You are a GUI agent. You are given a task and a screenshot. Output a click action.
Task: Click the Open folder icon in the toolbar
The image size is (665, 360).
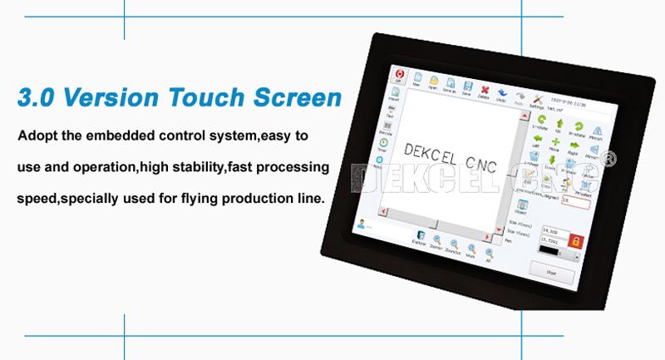[433, 81]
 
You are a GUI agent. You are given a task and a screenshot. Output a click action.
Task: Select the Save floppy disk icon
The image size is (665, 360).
[468, 86]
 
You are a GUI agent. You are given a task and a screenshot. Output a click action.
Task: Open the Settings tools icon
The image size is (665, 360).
[537, 97]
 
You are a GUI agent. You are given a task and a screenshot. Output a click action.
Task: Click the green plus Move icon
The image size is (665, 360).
[555, 143]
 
